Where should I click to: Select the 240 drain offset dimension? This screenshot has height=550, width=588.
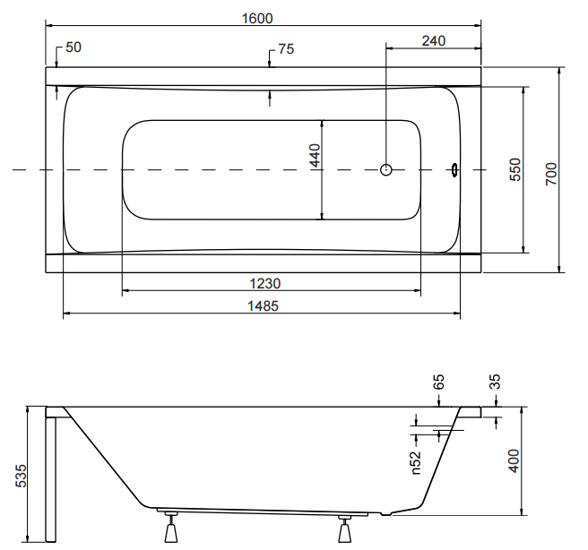[433, 40]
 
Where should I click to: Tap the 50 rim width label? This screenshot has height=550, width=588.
[73, 47]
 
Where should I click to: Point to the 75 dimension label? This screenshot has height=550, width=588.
[285, 50]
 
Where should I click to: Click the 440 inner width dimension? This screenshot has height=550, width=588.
[314, 159]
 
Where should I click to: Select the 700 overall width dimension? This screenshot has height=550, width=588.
[551, 173]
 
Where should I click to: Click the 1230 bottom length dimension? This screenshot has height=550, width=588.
[265, 283]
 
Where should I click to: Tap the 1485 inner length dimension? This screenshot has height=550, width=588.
[262, 305]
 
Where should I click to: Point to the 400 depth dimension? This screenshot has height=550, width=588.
[514, 460]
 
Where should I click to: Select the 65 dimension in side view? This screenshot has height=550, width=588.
[439, 382]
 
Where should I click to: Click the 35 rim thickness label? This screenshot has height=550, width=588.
[495, 382]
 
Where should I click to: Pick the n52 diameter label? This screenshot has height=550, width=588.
[416, 460]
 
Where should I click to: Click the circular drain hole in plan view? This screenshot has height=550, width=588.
[386, 169]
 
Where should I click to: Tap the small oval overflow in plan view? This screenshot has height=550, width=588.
[454, 169]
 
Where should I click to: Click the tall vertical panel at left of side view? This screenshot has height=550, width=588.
[50, 475]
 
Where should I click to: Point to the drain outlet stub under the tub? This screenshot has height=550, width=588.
[385, 514]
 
